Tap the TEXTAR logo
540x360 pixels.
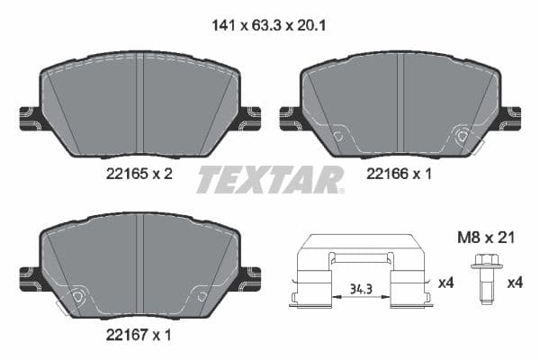(x=269, y=179)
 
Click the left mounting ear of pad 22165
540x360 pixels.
(x=30, y=117)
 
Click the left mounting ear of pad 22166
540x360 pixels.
(x=292, y=117)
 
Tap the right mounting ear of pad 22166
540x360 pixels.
(x=509, y=117)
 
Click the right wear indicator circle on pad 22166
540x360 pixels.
(x=463, y=137)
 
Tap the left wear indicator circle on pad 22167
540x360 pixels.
(x=77, y=297)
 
